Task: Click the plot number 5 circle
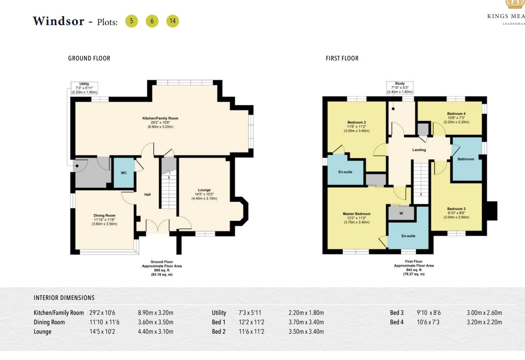coord(131,21)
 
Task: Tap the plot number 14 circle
coord(173,21)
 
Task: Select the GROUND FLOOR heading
coord(89,58)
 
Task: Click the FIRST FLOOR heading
coord(342,58)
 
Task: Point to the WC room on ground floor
coord(124,173)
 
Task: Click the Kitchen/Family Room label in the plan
coord(160,118)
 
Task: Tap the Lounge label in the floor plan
coord(204,190)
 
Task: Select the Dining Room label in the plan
coord(104,216)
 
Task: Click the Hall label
coord(147,194)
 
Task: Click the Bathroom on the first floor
coord(466,159)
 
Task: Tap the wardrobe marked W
coord(401,214)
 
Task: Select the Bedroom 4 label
coord(456,114)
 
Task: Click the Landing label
coord(419,150)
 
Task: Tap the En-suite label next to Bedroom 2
coord(345,172)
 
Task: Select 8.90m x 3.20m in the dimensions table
coord(155,313)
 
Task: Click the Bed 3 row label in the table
coord(397,313)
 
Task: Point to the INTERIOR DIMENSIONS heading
coord(64,298)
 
